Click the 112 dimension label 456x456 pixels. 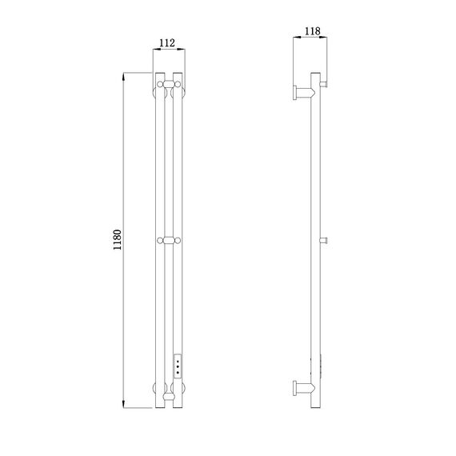pos(167,42)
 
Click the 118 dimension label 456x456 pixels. pos(312,31)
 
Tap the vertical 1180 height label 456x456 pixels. pos(117,240)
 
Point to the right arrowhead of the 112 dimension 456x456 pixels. pos(182,50)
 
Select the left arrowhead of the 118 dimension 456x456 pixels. pos(297,37)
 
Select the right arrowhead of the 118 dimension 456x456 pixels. pos(323,37)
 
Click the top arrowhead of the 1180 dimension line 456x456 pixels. pos(123,76)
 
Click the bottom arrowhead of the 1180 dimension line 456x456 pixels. pos(123,404)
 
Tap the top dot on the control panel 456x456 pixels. pos(178,361)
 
